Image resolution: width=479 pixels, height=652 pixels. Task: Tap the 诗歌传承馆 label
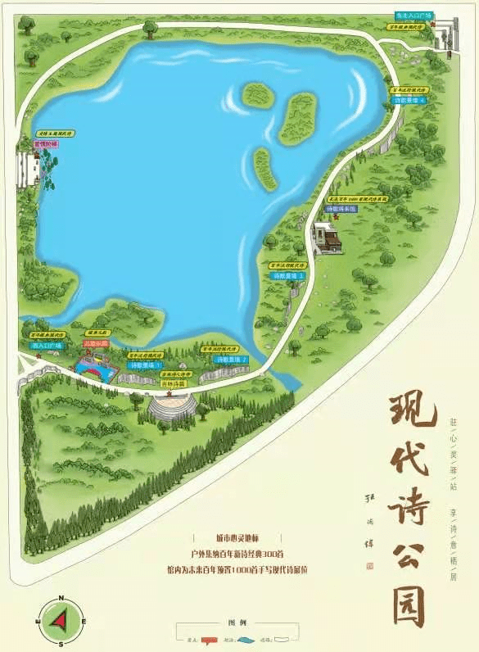pos(341,210)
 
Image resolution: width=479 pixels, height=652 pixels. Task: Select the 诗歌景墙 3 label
pos(290,276)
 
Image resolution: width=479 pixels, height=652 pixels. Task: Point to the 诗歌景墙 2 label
pos(230,360)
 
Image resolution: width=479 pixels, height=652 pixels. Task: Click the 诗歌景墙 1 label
pos(145,364)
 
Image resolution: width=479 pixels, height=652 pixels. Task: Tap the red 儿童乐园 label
pos(96,344)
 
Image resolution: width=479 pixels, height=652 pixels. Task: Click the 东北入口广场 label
pos(413,15)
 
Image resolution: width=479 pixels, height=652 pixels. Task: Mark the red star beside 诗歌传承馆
pos(336,218)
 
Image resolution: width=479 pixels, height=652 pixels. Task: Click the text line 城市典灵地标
pos(241,537)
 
